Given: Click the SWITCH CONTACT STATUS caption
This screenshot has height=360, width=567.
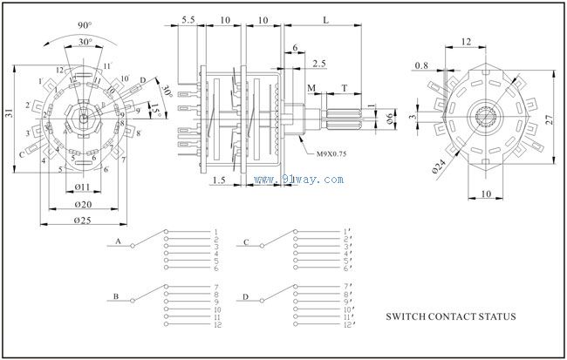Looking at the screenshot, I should pyautogui.click(x=450, y=318).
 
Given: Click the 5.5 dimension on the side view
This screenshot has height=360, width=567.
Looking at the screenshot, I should pyautogui.click(x=188, y=18).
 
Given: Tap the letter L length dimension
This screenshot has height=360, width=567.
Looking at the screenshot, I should pyautogui.click(x=324, y=18).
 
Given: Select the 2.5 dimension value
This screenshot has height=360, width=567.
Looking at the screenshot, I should pyautogui.click(x=318, y=64).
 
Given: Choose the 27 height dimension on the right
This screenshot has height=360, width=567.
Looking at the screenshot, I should pyautogui.click(x=552, y=120).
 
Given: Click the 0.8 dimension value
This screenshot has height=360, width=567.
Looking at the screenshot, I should pyautogui.click(x=422, y=65).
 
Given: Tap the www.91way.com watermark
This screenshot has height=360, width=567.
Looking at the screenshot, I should pyautogui.click(x=299, y=179).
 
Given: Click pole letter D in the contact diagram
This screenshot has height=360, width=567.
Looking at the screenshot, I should pyautogui.click(x=247, y=296).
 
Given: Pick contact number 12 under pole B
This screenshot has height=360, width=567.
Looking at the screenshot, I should pyautogui.click(x=216, y=324).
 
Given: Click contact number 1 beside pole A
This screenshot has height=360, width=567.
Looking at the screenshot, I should pyautogui.click(x=215, y=232).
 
